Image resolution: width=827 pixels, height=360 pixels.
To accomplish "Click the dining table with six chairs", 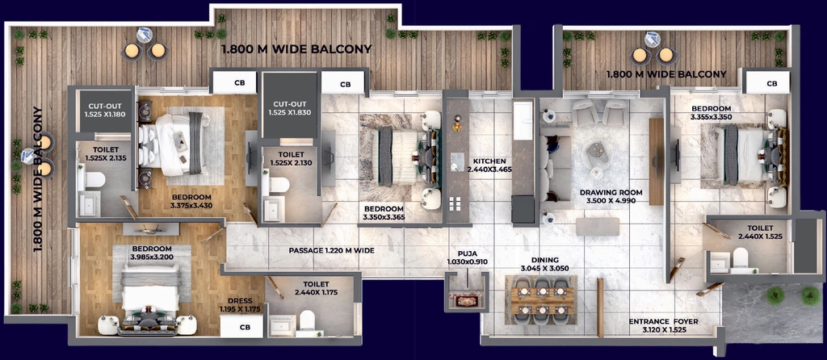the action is point(540,300).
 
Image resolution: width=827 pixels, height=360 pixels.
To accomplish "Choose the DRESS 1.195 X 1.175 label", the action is point(241,305).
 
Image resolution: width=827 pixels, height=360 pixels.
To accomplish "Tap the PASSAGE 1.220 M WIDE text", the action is point(332,250).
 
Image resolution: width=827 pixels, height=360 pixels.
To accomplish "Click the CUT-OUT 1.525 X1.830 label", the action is point(291,108).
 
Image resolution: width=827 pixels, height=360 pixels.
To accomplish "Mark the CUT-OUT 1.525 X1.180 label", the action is point(106,109).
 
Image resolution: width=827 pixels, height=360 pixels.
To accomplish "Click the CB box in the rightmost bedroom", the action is point(771,83).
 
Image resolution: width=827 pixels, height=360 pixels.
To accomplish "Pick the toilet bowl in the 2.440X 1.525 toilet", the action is point(741,257).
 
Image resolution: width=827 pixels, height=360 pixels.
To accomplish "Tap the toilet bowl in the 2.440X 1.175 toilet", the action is point(306,320).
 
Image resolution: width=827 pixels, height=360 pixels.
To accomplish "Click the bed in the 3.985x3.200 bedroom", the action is point(151,291).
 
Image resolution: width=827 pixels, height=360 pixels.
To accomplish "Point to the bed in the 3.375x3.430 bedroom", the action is point(170,144).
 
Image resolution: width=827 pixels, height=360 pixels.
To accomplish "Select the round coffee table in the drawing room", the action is point(597,153).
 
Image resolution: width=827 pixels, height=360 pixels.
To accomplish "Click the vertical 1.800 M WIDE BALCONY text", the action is point(37,179).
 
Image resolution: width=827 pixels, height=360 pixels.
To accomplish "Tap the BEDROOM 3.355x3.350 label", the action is point(712,113).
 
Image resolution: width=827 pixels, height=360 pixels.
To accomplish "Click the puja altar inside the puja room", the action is point(465,300).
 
